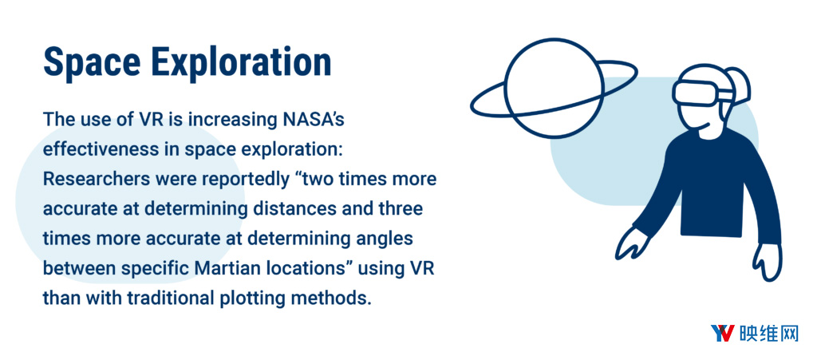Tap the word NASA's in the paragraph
click(x=313, y=119)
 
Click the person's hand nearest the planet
click(x=632, y=243)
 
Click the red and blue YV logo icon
click(x=723, y=334)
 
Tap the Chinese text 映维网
click(x=768, y=334)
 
